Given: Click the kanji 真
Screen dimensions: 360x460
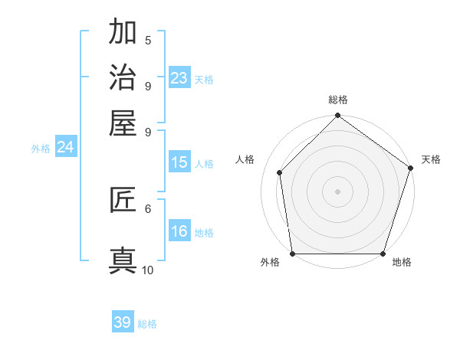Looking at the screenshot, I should (123, 260).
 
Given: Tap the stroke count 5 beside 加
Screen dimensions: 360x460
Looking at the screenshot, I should (148, 41).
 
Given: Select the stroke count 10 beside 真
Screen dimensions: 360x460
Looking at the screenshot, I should (148, 270).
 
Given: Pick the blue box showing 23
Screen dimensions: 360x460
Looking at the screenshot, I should (179, 78).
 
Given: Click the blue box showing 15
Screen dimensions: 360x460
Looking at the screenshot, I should (179, 162).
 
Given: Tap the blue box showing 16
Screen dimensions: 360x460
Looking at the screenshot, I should (179, 231).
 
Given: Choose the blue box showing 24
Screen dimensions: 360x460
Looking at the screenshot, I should (65, 147).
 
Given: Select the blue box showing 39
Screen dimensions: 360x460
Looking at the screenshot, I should (123, 322).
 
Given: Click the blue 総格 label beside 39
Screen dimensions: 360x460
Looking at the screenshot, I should (147, 325).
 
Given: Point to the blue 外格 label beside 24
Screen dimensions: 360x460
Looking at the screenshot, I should (40, 149).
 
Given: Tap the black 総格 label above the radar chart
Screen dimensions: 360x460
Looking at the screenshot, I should (337, 100).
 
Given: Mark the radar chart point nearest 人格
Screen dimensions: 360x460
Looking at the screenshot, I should (280, 172).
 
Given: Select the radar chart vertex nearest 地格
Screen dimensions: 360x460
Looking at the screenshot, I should (383, 254).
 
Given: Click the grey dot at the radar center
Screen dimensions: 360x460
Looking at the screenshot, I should (337, 191).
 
